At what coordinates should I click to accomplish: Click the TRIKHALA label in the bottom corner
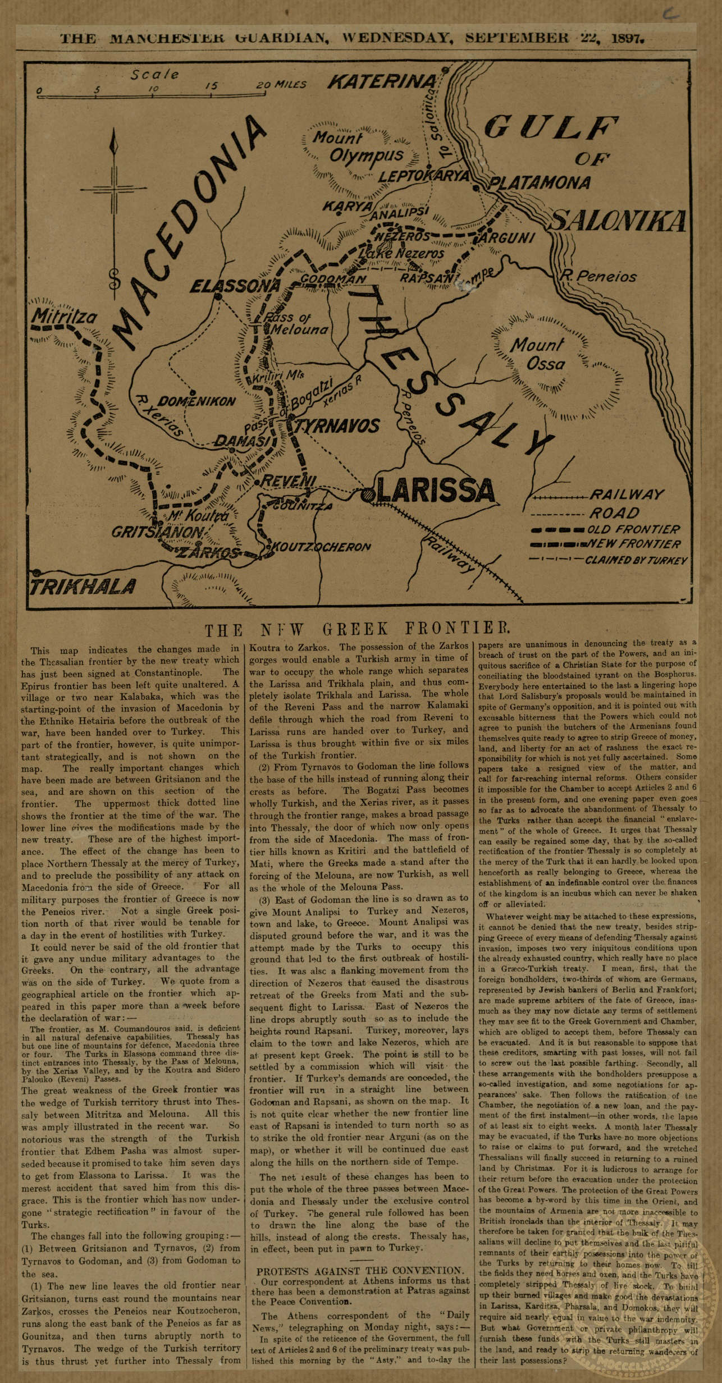pos(83,587)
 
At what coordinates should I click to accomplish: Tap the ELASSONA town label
pos(235,286)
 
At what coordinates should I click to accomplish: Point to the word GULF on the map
pos(550,127)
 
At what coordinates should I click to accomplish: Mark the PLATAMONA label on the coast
pos(539,182)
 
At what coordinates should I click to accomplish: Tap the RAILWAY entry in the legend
pos(626,494)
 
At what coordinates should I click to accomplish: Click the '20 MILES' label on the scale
pos(281,85)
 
